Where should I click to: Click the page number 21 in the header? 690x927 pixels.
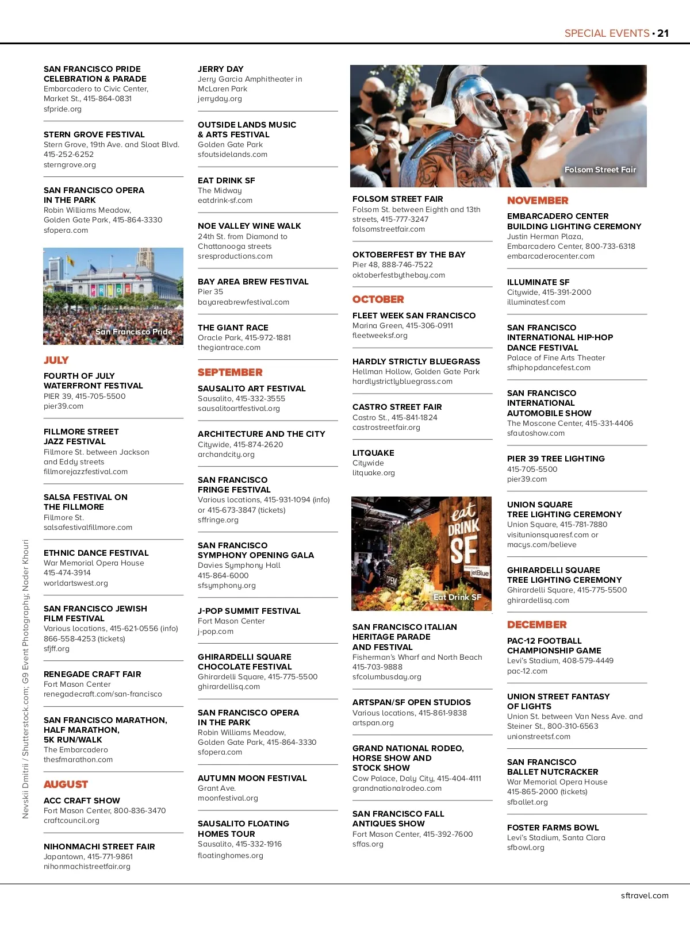click(663, 33)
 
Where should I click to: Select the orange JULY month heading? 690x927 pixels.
click(56, 360)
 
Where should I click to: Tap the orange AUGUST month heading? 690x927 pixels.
click(66, 784)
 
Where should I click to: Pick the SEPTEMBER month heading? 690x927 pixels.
click(230, 372)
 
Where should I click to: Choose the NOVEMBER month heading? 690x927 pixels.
click(538, 201)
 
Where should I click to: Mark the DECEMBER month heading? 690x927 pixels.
click(536, 625)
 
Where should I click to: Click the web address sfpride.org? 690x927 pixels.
click(63, 109)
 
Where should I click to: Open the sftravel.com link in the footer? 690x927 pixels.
click(645, 895)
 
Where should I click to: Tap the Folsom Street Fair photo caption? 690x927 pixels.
click(600, 170)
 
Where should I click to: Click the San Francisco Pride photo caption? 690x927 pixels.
click(133, 332)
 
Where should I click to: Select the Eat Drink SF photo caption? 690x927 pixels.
click(457, 597)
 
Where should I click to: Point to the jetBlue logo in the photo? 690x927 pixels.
click(478, 573)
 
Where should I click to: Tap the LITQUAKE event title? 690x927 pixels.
click(373, 453)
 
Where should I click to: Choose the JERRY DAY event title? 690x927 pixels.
click(220, 69)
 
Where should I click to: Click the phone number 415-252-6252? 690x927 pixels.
click(68, 155)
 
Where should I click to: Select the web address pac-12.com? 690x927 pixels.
click(527, 671)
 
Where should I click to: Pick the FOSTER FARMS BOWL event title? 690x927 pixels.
click(553, 828)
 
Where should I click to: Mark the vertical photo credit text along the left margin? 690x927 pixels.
click(26, 678)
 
